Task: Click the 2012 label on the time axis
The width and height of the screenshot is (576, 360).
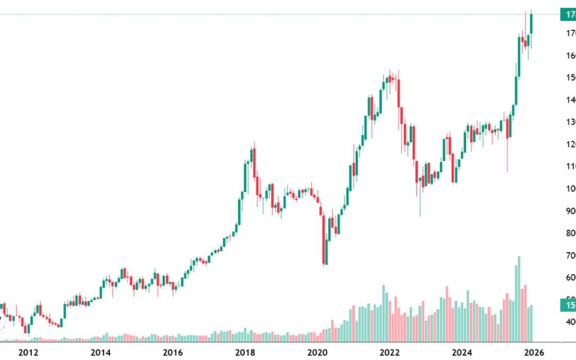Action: [x=28, y=352]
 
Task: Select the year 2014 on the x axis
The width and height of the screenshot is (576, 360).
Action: [x=100, y=352]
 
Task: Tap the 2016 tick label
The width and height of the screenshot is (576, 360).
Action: [x=173, y=352]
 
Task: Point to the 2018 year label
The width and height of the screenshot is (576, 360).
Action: [x=245, y=352]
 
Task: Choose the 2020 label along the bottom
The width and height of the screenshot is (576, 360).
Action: [x=317, y=352]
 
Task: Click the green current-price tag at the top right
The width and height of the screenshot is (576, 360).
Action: [x=567, y=15]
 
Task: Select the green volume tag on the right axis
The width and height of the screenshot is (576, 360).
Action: [x=567, y=305]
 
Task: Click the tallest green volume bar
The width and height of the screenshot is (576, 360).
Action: [x=518, y=299]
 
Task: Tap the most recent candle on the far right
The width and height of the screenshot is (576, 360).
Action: [x=531, y=24]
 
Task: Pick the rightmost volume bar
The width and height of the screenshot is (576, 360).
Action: [x=531, y=323]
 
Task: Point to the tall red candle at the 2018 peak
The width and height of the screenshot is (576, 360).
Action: [x=254, y=165]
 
